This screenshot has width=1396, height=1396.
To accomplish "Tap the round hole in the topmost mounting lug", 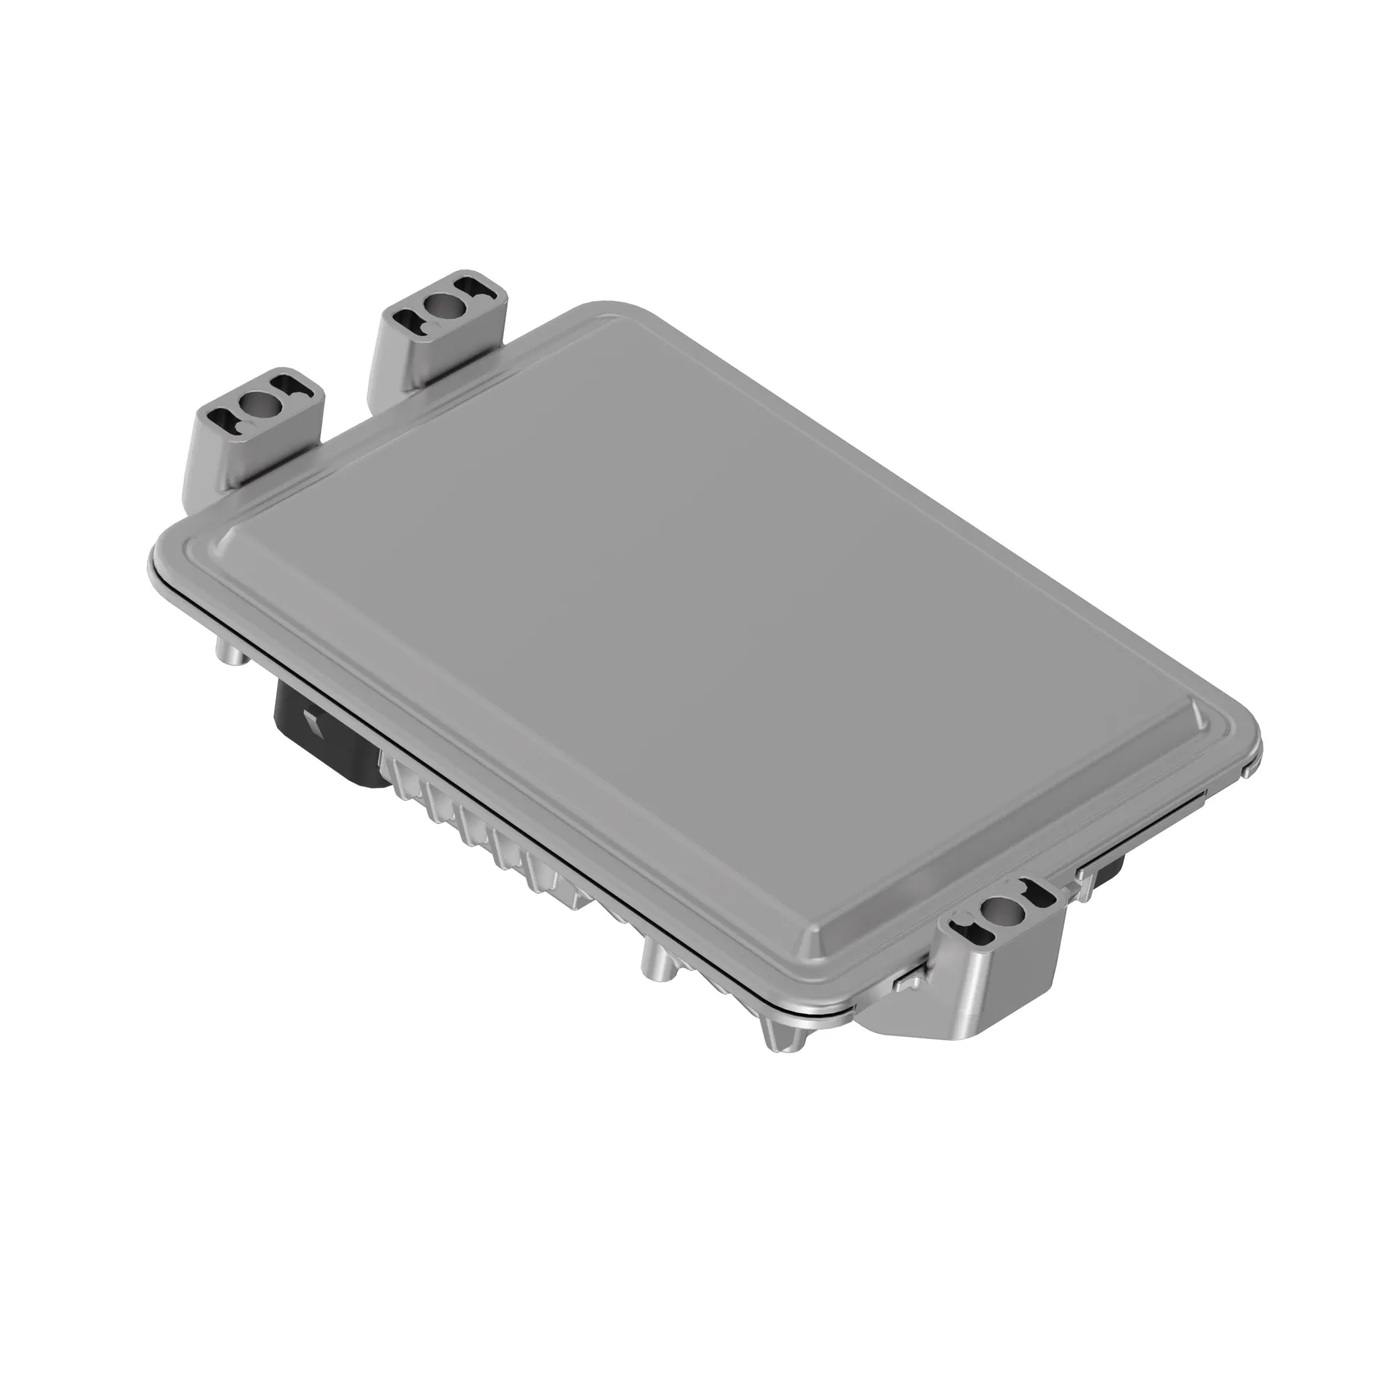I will click(443, 306).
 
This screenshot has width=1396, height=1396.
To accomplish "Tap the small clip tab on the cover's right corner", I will click(1246, 772).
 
